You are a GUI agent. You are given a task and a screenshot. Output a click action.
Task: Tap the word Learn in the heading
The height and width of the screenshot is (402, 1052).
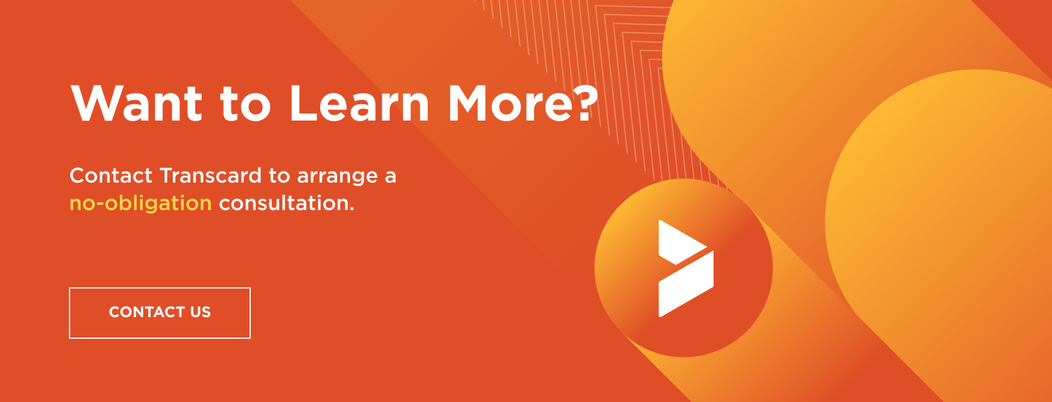(359, 103)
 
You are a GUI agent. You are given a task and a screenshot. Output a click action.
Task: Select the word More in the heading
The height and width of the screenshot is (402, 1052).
(509, 103)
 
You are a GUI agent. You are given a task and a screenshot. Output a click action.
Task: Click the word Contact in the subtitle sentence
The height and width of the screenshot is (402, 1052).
(111, 176)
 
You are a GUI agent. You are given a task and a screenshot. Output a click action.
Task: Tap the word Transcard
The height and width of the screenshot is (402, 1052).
(211, 176)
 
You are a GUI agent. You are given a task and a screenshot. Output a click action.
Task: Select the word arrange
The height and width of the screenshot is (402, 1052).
(338, 177)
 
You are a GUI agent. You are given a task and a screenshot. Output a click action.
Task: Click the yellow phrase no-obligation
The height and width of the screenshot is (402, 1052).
(141, 204)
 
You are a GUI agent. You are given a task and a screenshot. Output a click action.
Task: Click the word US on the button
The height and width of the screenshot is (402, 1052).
(200, 312)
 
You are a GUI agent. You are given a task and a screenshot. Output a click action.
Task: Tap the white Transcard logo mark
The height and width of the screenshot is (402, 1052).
(686, 269)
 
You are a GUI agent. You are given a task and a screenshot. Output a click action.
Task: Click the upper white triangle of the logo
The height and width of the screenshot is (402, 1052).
(681, 242)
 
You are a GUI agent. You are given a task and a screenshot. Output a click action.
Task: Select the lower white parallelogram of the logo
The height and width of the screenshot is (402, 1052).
(686, 284)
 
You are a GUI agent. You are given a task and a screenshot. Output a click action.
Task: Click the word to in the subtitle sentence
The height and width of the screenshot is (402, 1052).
(279, 176)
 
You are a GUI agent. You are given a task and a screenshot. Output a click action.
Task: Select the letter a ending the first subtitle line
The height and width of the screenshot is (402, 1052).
(390, 177)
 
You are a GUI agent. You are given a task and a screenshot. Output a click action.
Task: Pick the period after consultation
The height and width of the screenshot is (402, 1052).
(352, 209)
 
